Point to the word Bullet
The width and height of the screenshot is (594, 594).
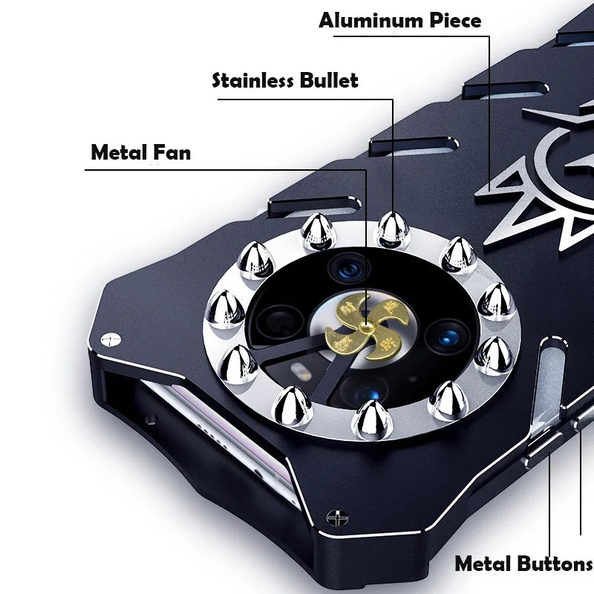pos(329,80)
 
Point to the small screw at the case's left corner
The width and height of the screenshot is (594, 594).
pos(111,339)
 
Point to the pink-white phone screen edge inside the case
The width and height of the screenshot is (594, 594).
pos(200,446)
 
